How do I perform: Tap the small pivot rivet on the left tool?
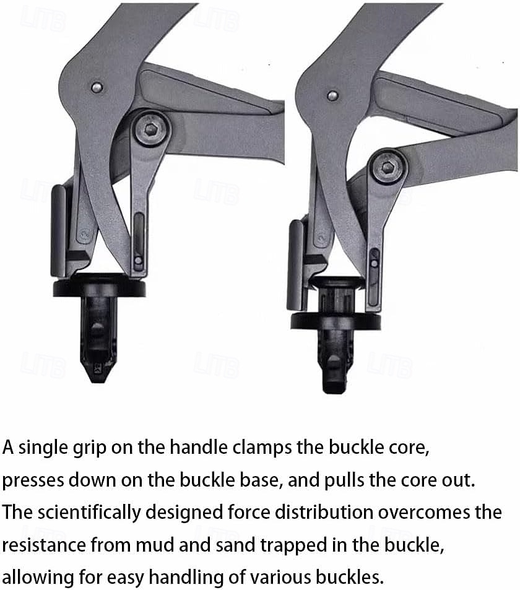(96, 87)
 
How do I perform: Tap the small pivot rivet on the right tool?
(332, 95)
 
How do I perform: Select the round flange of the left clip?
(99, 288)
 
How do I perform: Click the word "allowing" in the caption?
(38, 578)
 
